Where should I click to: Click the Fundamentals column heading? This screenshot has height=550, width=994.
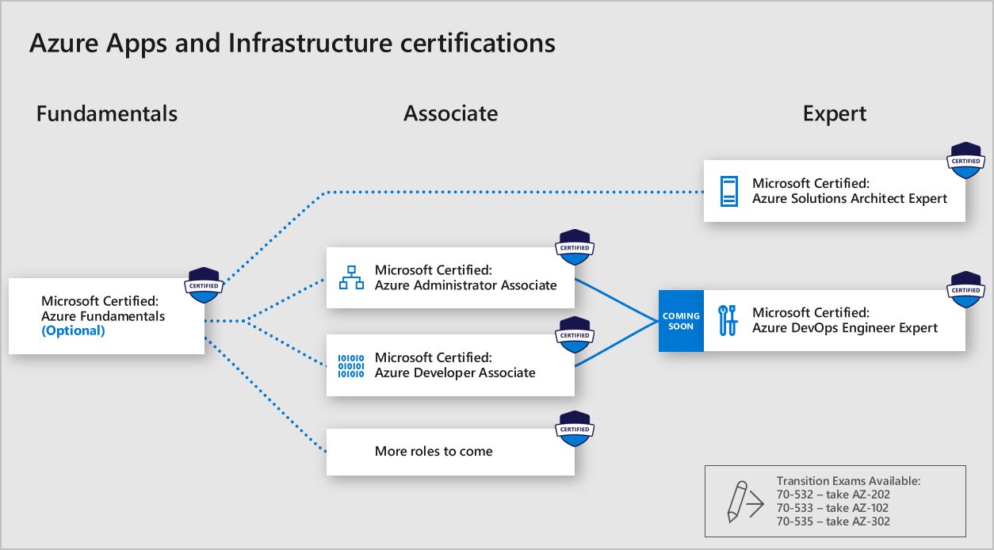107,114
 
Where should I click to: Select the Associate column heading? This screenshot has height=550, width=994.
450,114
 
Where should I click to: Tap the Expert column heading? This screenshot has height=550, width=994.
834,114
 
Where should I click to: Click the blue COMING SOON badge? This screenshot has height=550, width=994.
680,321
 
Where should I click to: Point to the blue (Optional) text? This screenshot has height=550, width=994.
73,331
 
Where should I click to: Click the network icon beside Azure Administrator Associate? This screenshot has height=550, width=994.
351,277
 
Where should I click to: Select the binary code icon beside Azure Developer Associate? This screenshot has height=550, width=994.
351,365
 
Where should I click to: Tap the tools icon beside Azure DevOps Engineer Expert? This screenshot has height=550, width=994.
728,320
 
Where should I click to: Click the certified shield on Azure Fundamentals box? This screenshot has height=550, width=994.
203,286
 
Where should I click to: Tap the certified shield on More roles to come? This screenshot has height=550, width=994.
575,429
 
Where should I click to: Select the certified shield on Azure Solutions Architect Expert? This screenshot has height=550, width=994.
965,161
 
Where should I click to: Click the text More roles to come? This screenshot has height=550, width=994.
434,452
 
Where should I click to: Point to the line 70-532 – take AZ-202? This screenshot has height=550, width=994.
833,495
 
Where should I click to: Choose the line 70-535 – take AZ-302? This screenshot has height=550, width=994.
833,521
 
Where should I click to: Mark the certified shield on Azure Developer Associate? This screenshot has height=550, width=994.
575,335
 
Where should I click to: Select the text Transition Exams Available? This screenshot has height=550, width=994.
848,481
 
